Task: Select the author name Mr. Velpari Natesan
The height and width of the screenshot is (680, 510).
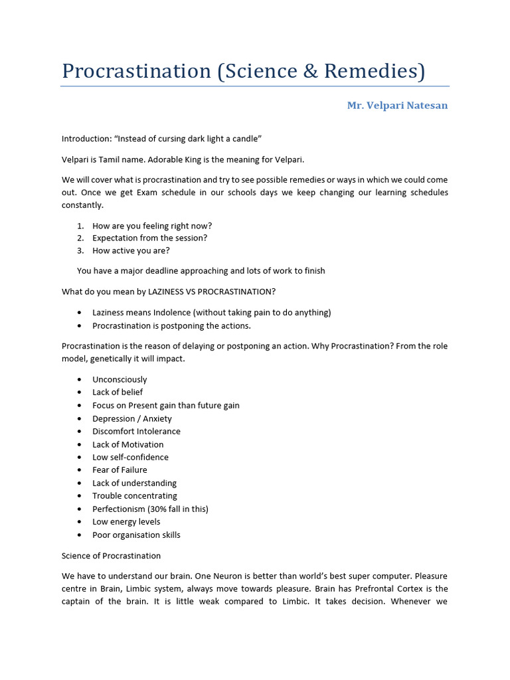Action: tap(397, 106)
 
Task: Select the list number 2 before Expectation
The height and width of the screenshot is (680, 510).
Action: tap(80, 238)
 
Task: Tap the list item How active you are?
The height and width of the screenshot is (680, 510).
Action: tap(131, 250)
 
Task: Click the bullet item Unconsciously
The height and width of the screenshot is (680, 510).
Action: tap(120, 379)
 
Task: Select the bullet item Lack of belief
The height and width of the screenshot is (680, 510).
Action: tap(118, 392)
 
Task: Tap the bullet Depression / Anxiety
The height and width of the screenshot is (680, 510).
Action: tap(132, 418)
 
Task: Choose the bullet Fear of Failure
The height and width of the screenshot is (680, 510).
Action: tap(120, 469)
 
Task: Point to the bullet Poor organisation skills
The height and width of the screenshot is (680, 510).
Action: tap(136, 535)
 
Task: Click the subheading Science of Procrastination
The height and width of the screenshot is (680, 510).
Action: tap(111, 555)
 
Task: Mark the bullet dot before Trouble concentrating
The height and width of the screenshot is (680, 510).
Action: tap(80, 496)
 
